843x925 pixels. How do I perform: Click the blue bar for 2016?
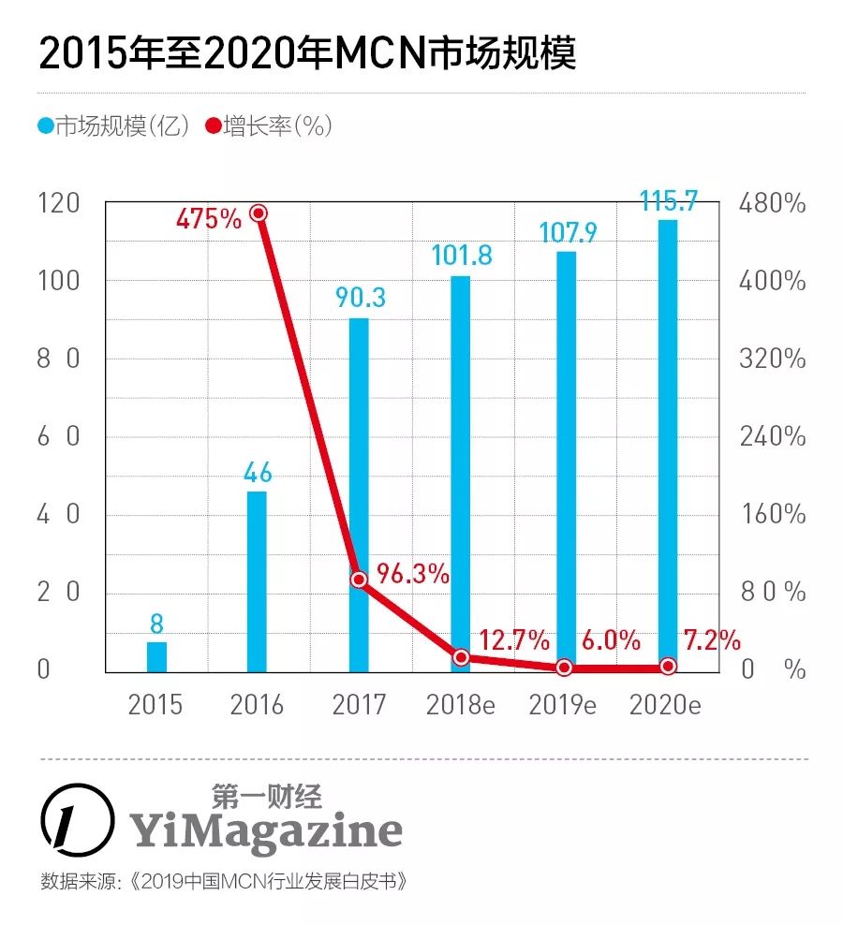257,581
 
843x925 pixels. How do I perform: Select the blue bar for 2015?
156,656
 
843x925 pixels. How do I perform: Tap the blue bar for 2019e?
566,459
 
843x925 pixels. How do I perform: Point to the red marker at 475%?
259,213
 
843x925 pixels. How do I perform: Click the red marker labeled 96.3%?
359,580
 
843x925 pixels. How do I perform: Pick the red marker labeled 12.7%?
461,657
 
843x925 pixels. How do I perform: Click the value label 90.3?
361,298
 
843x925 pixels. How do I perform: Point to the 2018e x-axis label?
460,705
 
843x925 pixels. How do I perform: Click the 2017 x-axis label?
359,705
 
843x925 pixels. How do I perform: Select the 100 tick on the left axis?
57,281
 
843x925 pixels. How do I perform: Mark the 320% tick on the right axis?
772,359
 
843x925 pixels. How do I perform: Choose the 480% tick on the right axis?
772,203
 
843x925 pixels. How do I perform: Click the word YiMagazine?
265,829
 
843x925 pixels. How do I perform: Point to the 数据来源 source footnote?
225,883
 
